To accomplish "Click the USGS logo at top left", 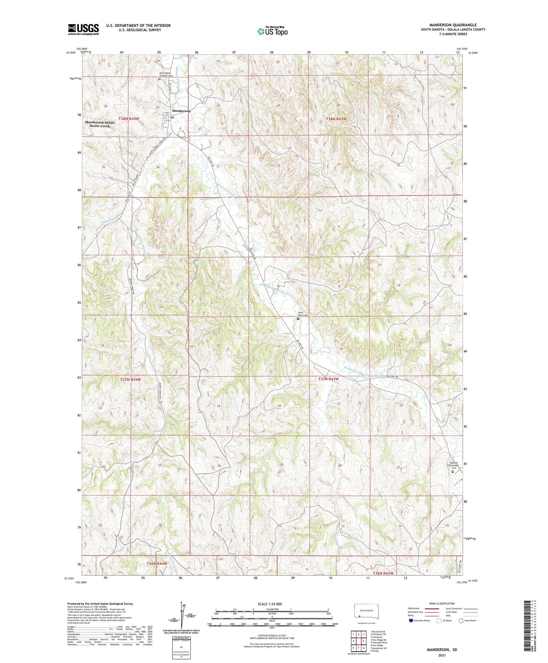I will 83,29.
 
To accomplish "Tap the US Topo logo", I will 272,31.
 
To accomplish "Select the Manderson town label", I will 181,111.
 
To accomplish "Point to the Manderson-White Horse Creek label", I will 100,124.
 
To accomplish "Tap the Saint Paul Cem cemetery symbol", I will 298,319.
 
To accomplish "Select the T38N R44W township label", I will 129,119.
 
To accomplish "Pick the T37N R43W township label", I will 328,379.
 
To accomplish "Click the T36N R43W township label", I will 383,573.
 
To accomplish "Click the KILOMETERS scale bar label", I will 272,609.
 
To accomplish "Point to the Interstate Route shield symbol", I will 411,620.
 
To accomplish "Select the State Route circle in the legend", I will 461,620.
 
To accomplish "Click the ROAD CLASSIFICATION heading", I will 442,603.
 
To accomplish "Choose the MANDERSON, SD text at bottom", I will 442,650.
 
